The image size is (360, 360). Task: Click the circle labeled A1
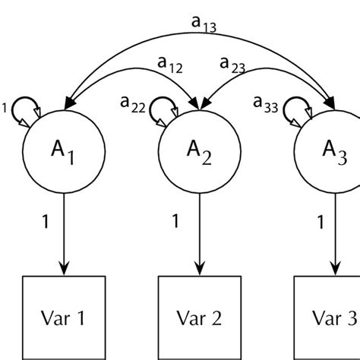[x=64, y=153]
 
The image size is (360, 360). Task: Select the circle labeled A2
[x=201, y=153]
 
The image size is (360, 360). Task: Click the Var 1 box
[x=64, y=318]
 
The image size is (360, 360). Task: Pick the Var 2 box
[x=201, y=318]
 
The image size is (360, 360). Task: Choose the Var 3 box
[x=328, y=318]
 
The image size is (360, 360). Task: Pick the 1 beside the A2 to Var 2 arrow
[x=176, y=222]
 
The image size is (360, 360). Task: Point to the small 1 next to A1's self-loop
[x=5, y=109]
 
